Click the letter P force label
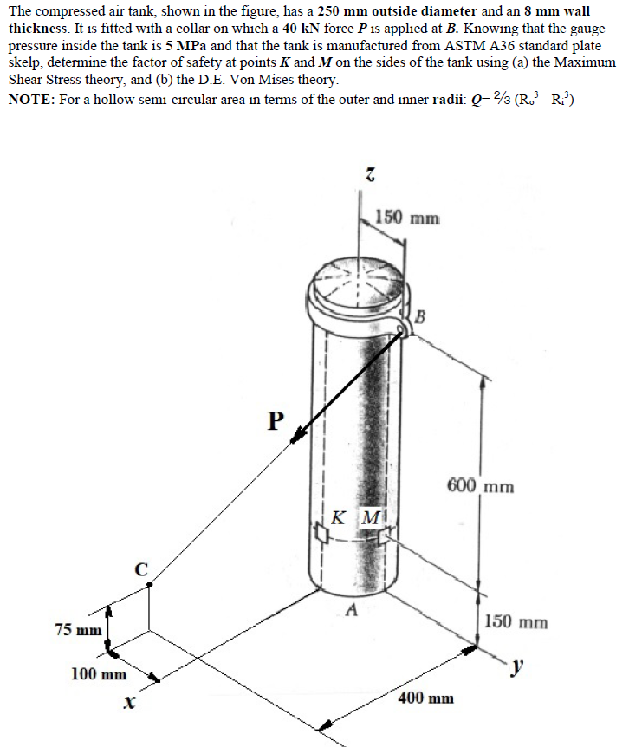276,420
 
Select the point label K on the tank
339,518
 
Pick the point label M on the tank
369,518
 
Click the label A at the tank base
351,609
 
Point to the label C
140,569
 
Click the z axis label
367,177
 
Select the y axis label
517,666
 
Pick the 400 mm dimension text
426,698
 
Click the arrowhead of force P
298,438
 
